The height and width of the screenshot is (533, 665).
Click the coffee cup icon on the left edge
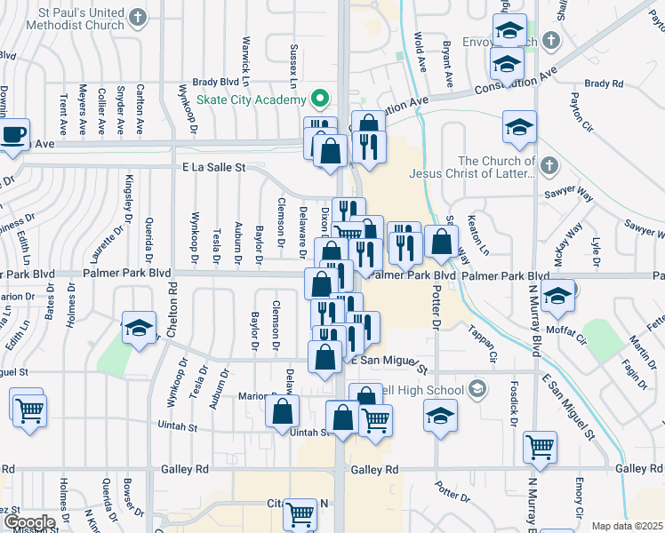tap(13, 134)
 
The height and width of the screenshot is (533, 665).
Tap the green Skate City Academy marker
tap(318, 99)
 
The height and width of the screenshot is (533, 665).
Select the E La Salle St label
tap(212, 167)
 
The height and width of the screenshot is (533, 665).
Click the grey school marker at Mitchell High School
tap(477, 389)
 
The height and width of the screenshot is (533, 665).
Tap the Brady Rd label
tap(605, 84)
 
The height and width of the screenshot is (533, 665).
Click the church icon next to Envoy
tap(551, 40)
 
